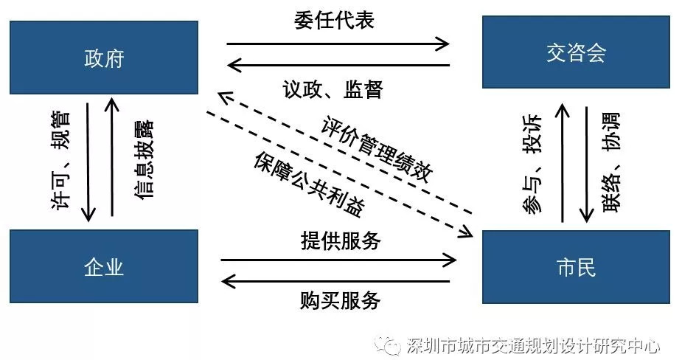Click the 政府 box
104,57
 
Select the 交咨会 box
576,52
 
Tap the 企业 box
104,266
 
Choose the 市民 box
576,266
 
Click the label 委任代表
334,20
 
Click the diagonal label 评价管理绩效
377,150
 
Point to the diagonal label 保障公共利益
310,185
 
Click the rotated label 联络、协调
611,163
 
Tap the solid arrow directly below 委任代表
338,66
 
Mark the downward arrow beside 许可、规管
88,161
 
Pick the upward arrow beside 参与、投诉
562,163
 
